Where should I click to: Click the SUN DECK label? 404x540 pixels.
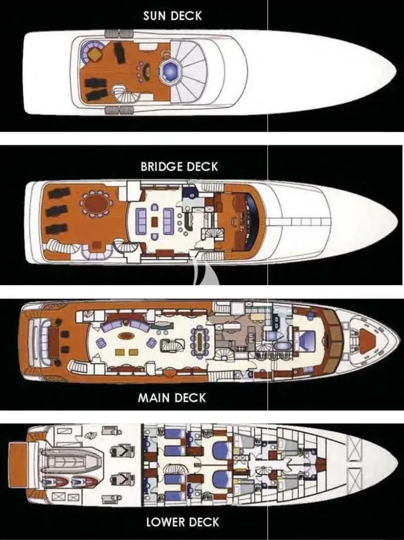[173, 16]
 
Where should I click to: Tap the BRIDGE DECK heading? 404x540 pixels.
[179, 167]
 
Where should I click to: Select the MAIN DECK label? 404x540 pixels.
[171, 398]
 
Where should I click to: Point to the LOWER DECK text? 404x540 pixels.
[183, 522]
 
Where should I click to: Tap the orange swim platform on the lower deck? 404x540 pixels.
[18, 465]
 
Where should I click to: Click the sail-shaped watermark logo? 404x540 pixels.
[205, 273]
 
